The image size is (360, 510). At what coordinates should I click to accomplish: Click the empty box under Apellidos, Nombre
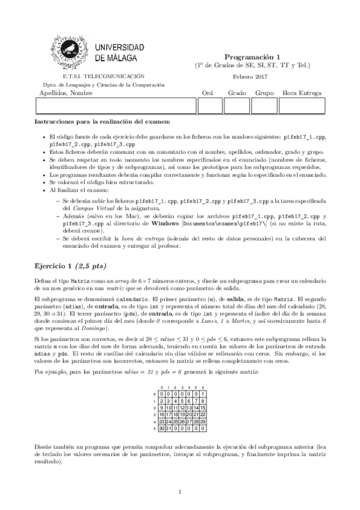coord(117,105)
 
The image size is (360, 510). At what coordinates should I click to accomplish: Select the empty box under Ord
coord(210,105)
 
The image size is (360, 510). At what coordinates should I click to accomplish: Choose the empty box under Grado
coord(237,105)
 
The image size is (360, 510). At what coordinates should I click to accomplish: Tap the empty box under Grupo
coord(264,105)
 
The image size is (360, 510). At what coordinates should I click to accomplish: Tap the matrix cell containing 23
coord(161,422)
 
